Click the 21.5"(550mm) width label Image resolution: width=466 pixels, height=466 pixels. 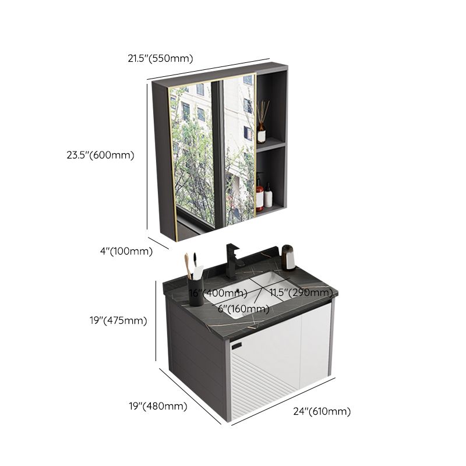click(160, 58)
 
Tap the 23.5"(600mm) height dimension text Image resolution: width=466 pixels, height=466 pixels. click(100, 155)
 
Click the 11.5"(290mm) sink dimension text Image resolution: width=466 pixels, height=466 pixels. click(301, 292)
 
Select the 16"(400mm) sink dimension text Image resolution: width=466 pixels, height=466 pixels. click(209, 292)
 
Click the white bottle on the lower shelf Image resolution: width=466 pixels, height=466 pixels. click(269, 197)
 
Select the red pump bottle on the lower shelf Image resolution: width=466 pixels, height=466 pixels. click(259, 196)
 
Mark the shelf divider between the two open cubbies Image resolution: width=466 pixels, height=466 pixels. click(271, 144)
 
